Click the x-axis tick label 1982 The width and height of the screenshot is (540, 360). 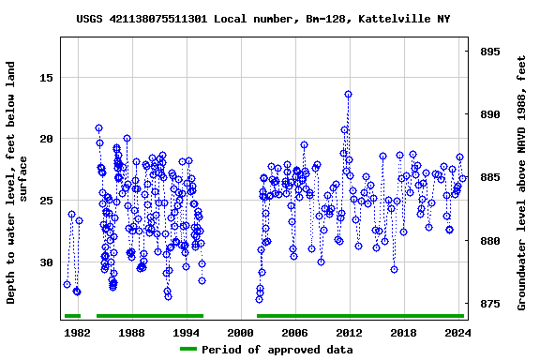(77, 333)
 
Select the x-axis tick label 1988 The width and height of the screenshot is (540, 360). (131, 333)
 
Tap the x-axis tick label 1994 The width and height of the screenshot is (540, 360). (186, 333)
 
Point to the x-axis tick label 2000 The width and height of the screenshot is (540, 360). (241, 333)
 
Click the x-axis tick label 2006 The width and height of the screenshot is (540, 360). (295, 333)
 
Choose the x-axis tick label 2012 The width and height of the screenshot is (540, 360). (349, 333)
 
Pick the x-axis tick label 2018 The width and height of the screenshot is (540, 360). (403, 333)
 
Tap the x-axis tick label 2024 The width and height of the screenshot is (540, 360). (457, 333)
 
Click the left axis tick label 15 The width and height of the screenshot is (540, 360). (45, 78)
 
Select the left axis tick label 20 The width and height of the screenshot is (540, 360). (45, 139)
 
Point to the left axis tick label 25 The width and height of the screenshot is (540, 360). (45, 201)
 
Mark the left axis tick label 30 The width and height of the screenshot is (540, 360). (45, 262)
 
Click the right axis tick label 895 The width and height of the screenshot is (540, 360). (489, 52)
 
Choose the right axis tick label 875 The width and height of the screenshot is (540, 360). (489, 305)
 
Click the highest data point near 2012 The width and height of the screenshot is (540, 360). (348, 94)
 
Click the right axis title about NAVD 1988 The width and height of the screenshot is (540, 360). (521, 183)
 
